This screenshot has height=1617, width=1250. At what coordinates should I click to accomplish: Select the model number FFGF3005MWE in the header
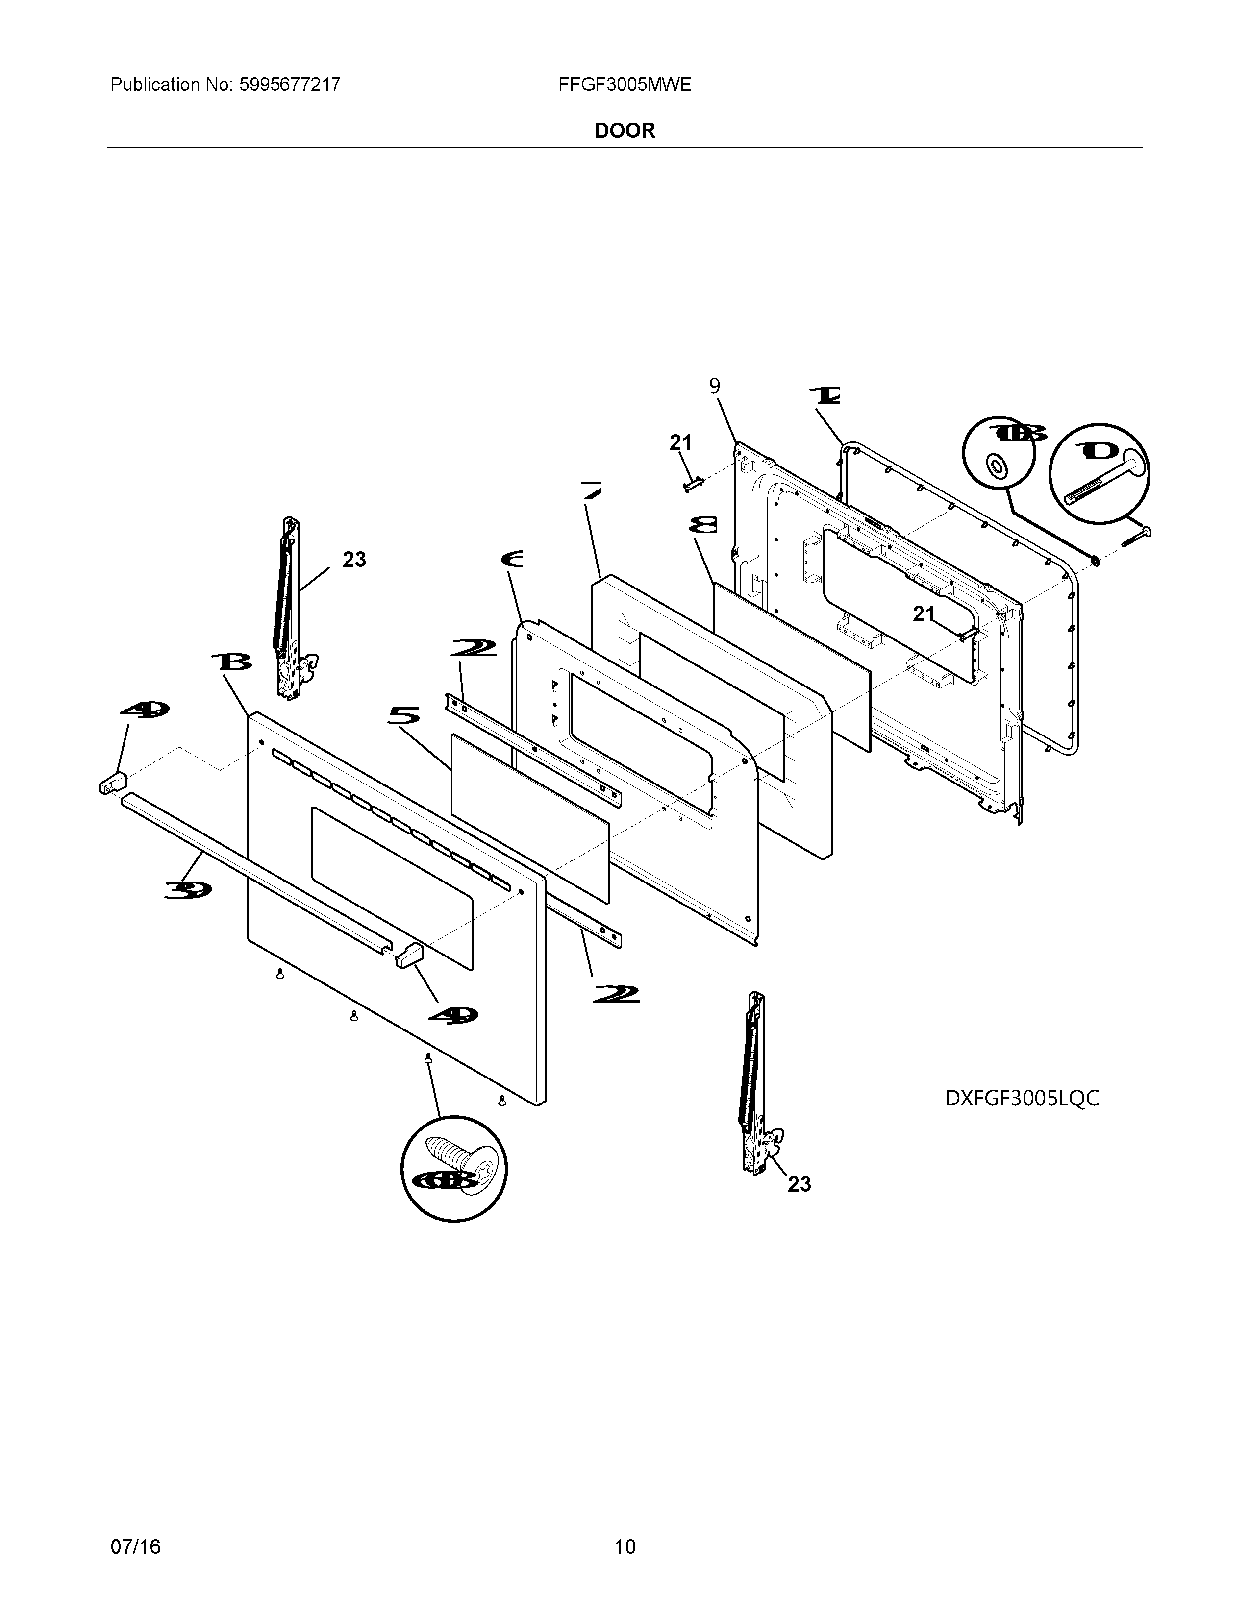pyautogui.click(x=624, y=84)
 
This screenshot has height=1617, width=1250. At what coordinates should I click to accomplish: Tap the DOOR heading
pyautogui.click(x=624, y=131)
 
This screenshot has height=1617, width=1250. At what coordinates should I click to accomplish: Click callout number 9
pyautogui.click(x=714, y=387)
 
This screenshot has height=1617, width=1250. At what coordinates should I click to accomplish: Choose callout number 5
pyautogui.click(x=403, y=715)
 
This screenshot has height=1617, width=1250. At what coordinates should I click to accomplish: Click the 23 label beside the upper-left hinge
pyautogui.click(x=354, y=560)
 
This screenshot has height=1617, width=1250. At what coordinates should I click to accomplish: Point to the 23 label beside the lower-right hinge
pyautogui.click(x=799, y=1185)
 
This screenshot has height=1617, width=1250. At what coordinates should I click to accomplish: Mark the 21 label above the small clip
pyautogui.click(x=680, y=443)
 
